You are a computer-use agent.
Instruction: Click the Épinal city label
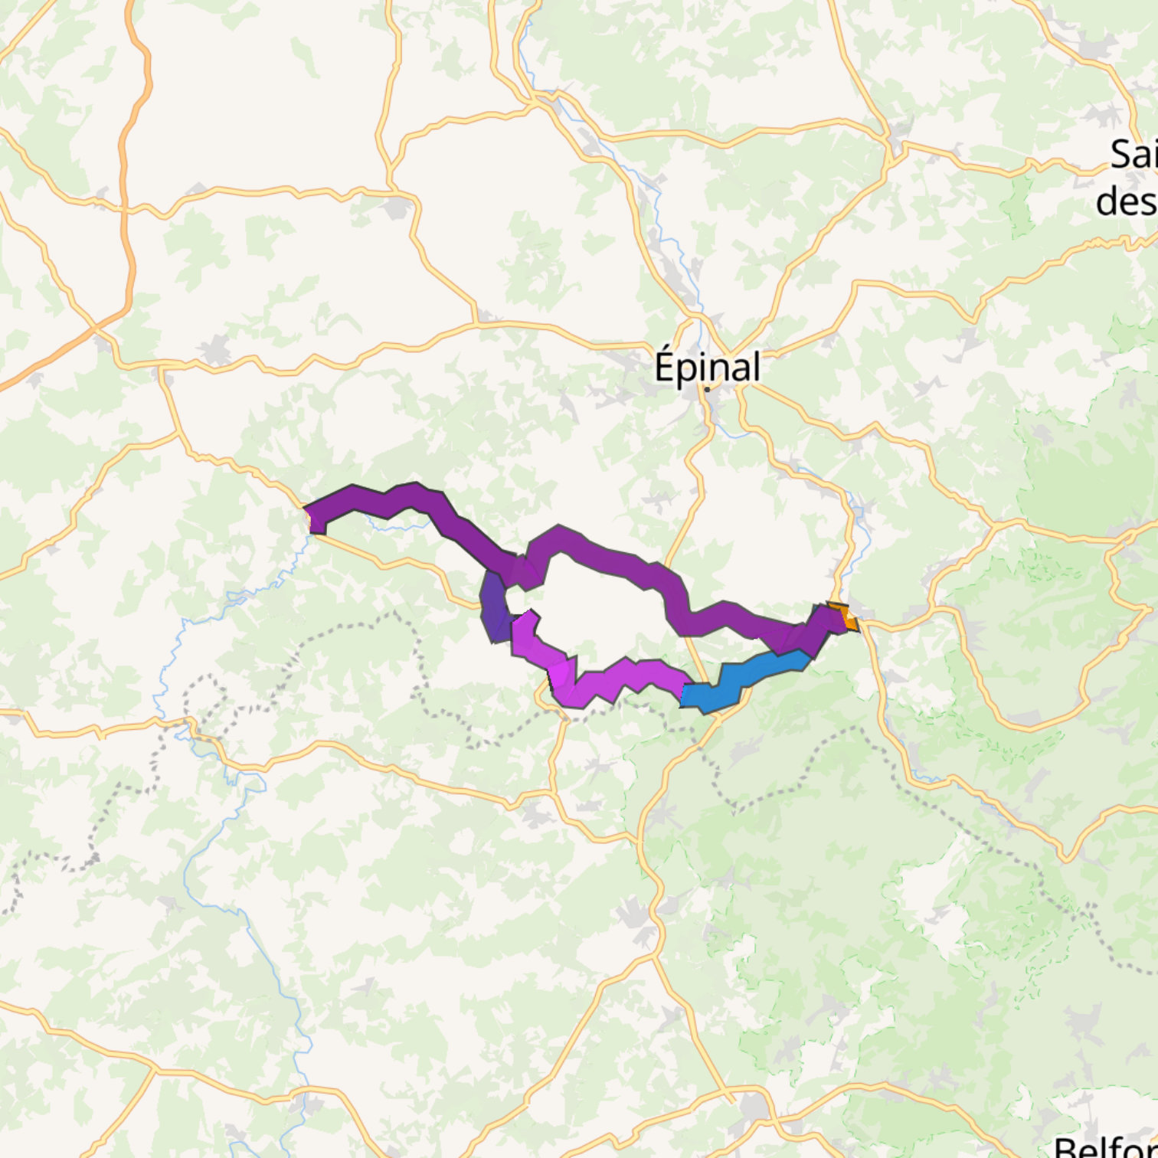pos(707,367)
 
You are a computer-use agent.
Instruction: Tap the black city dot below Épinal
pos(707,389)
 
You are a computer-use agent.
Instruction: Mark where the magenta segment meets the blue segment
pos(682,694)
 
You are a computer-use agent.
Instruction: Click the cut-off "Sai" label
pos(1134,155)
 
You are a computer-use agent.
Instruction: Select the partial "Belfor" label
pos(1107,1147)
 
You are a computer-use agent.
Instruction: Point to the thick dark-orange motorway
pos(126,191)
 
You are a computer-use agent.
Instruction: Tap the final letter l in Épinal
pos(756,365)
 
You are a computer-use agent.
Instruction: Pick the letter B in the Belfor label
pos(1064,1147)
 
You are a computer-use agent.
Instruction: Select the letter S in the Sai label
pos(1121,155)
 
